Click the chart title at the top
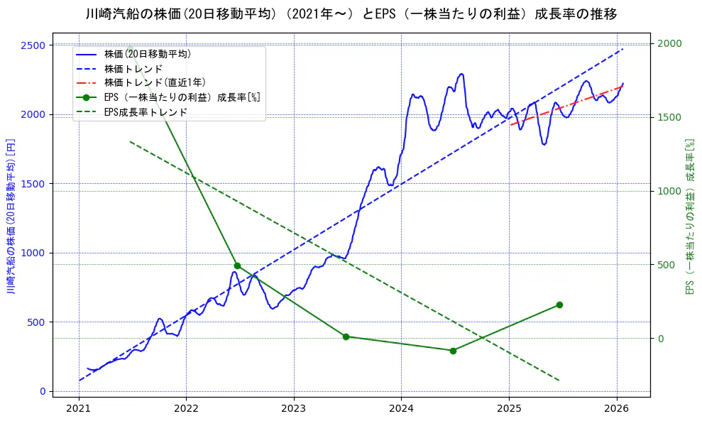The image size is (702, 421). pyautogui.click(x=351, y=13)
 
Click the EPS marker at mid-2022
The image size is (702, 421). pyautogui.click(x=237, y=266)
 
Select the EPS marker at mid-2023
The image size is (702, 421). pyautogui.click(x=346, y=337)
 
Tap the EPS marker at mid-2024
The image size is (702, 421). pyautogui.click(x=453, y=351)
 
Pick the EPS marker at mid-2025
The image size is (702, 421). pyautogui.click(x=559, y=305)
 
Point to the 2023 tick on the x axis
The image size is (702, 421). pyautogui.click(x=293, y=409)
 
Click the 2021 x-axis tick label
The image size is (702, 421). pyautogui.click(x=79, y=409)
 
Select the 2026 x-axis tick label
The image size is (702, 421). pyautogui.click(x=616, y=409)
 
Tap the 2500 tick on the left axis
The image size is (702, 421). pyautogui.click(x=33, y=45)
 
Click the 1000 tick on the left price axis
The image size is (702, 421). pyautogui.click(x=33, y=253)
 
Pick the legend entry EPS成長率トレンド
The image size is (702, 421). pyautogui.click(x=146, y=112)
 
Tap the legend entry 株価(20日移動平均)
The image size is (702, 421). pyautogui.click(x=147, y=53)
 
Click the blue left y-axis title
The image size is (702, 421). pyautogui.click(x=11, y=216)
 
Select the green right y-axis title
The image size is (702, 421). pyautogui.click(x=689, y=216)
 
